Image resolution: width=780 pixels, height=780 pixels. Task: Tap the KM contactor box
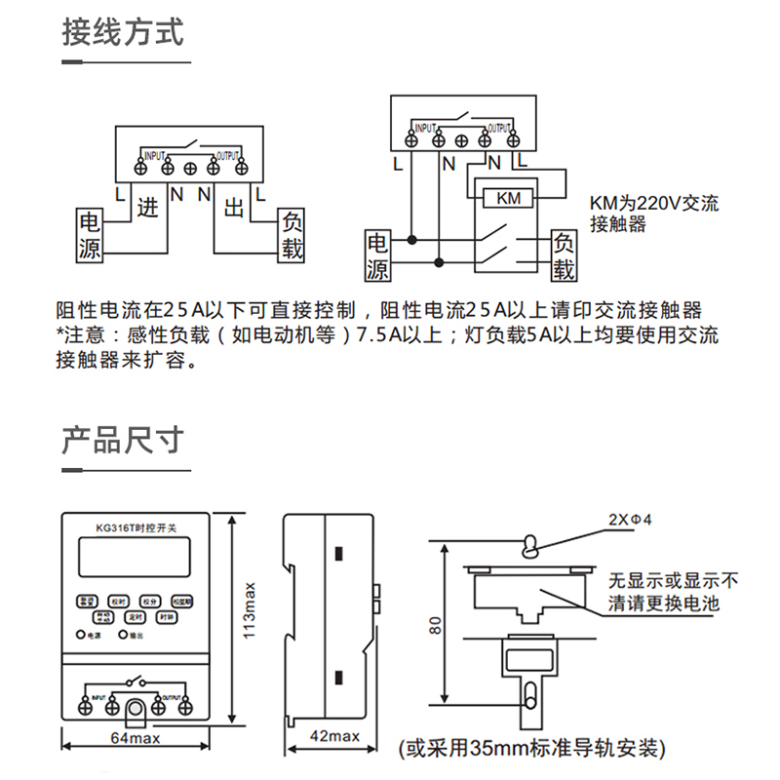click(509, 198)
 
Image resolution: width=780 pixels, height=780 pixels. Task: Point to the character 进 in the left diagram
click(147, 207)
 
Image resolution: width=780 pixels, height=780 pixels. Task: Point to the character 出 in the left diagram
click(234, 208)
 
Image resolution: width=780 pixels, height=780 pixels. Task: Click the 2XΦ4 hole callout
click(629, 520)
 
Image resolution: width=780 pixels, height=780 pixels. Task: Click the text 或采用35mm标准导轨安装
click(532, 749)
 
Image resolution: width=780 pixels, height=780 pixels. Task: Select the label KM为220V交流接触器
click(654, 214)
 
